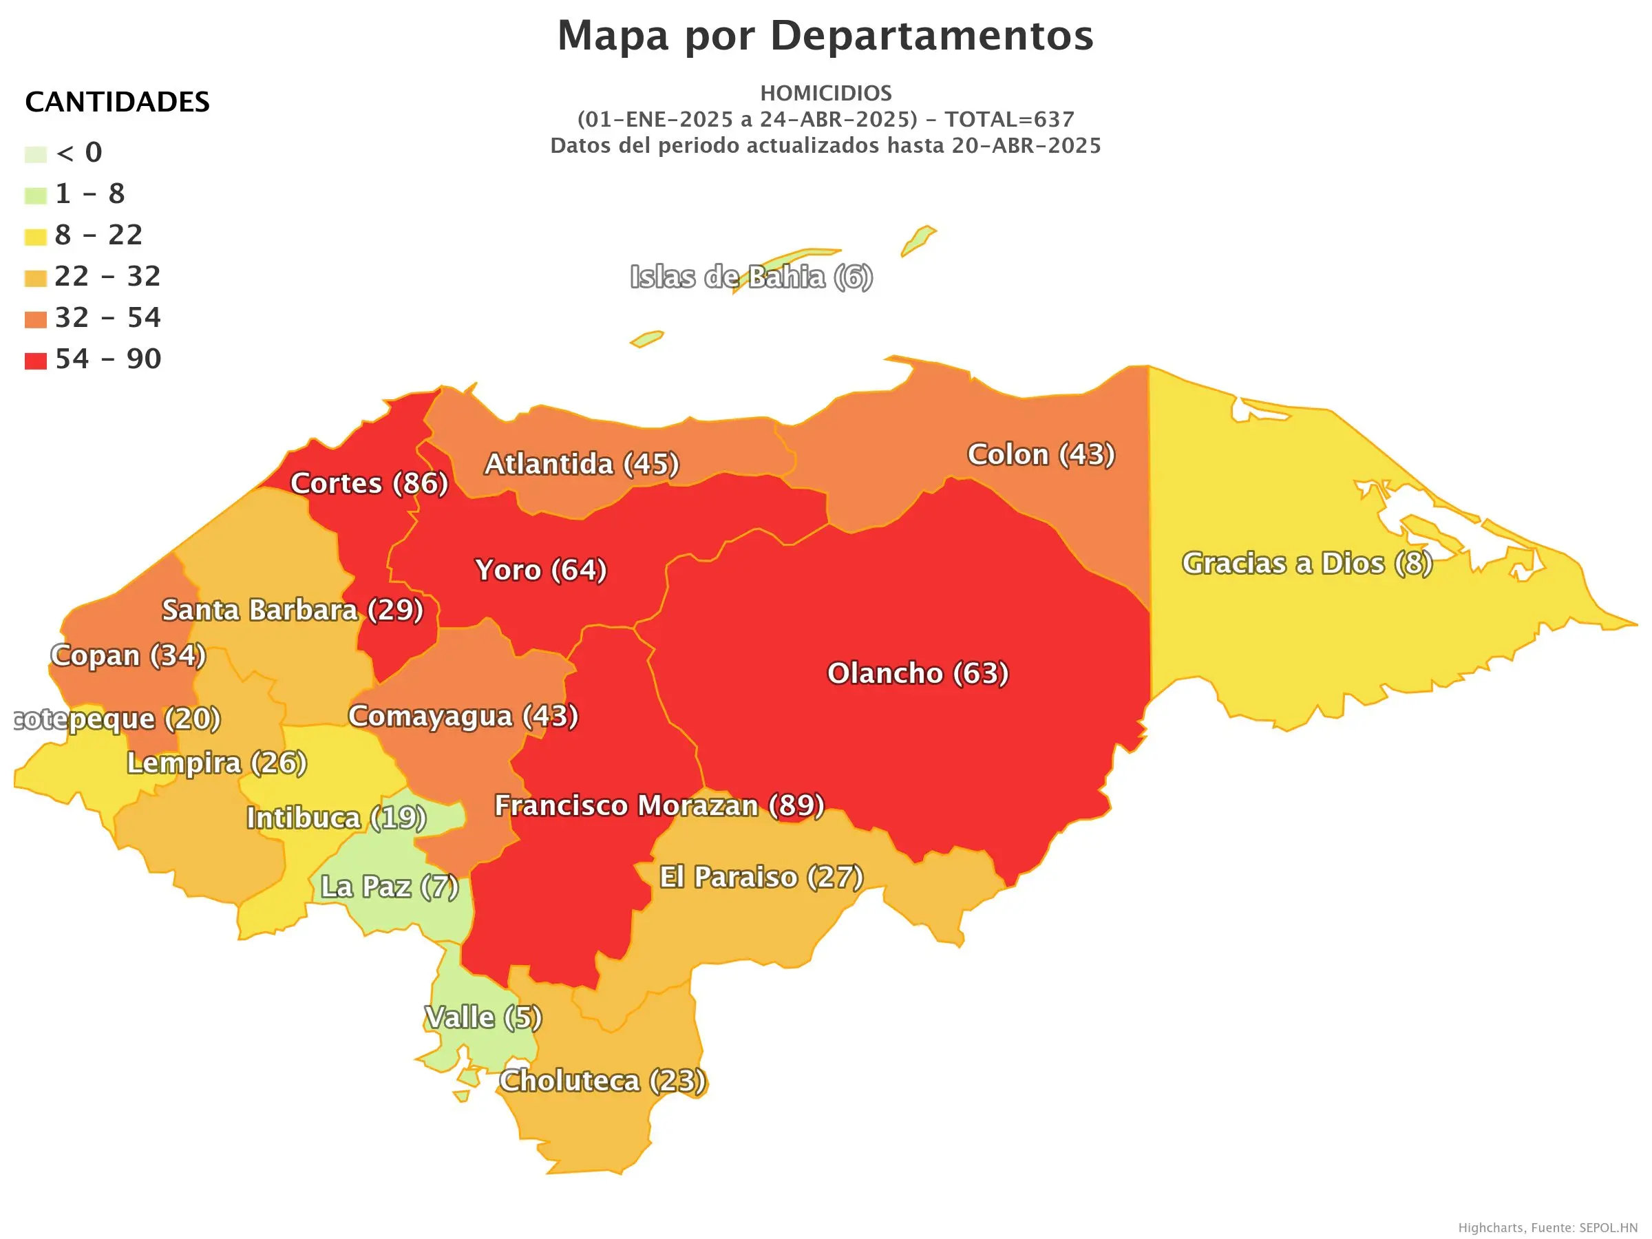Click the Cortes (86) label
click(x=369, y=483)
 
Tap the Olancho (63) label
click(x=918, y=673)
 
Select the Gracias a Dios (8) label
click(x=1307, y=563)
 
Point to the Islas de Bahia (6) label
click(x=752, y=277)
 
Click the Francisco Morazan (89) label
click(x=659, y=805)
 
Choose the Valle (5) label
click(x=483, y=1017)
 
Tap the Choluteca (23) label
click(x=603, y=1081)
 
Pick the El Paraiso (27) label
click(x=761, y=877)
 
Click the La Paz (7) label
click(x=389, y=887)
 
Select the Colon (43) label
click(x=1041, y=454)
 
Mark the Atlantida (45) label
click(x=582, y=464)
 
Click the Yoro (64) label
click(x=541, y=570)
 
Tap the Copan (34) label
click(x=129, y=655)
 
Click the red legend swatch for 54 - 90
click(x=35, y=361)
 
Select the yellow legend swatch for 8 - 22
click(x=35, y=237)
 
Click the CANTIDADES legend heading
click(x=117, y=102)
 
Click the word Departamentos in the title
click(x=931, y=35)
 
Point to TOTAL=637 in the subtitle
click(x=1009, y=120)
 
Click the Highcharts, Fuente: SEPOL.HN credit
click(x=1547, y=1228)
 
